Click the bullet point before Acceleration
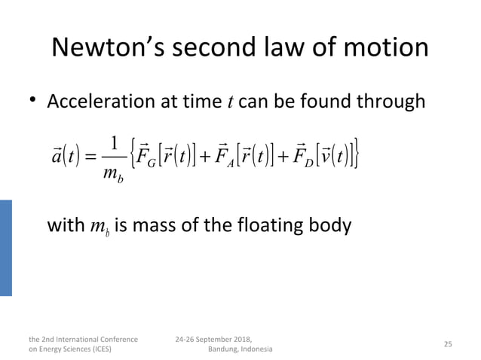pos(31,101)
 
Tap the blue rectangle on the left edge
pos(6,248)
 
